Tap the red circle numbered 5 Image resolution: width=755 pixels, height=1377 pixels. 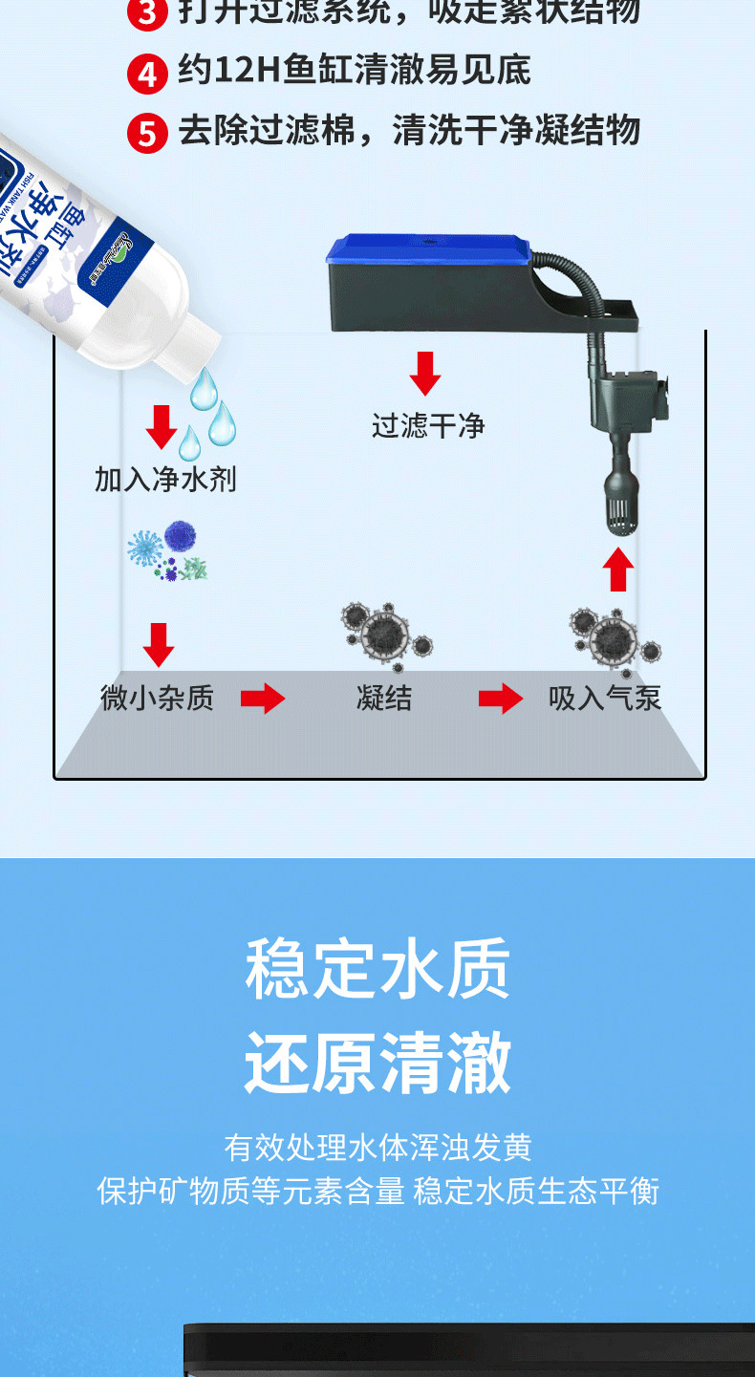coord(146,133)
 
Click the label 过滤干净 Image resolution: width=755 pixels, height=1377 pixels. coord(428,426)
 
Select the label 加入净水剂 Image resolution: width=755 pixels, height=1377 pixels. coord(165,479)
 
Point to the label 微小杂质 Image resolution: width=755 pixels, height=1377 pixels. coord(157,699)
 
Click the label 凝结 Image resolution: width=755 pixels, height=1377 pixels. coord(384,699)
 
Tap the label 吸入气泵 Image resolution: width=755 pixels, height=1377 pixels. coord(605,699)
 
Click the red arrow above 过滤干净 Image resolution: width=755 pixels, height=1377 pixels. coord(425,374)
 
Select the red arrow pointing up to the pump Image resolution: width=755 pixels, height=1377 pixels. coord(618,570)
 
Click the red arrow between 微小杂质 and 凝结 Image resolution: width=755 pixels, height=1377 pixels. coord(263,699)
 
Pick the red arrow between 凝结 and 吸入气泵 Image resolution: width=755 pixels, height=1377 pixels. coord(501,699)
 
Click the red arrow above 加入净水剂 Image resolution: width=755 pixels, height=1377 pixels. coord(161,427)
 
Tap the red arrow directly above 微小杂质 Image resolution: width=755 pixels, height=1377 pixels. coord(158,645)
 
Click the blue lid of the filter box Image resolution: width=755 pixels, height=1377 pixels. coord(428,250)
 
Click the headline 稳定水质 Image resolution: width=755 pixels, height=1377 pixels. coord(377,968)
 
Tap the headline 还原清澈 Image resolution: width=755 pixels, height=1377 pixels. coord(377,1062)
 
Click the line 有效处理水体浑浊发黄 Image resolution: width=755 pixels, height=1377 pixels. coord(377,1147)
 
